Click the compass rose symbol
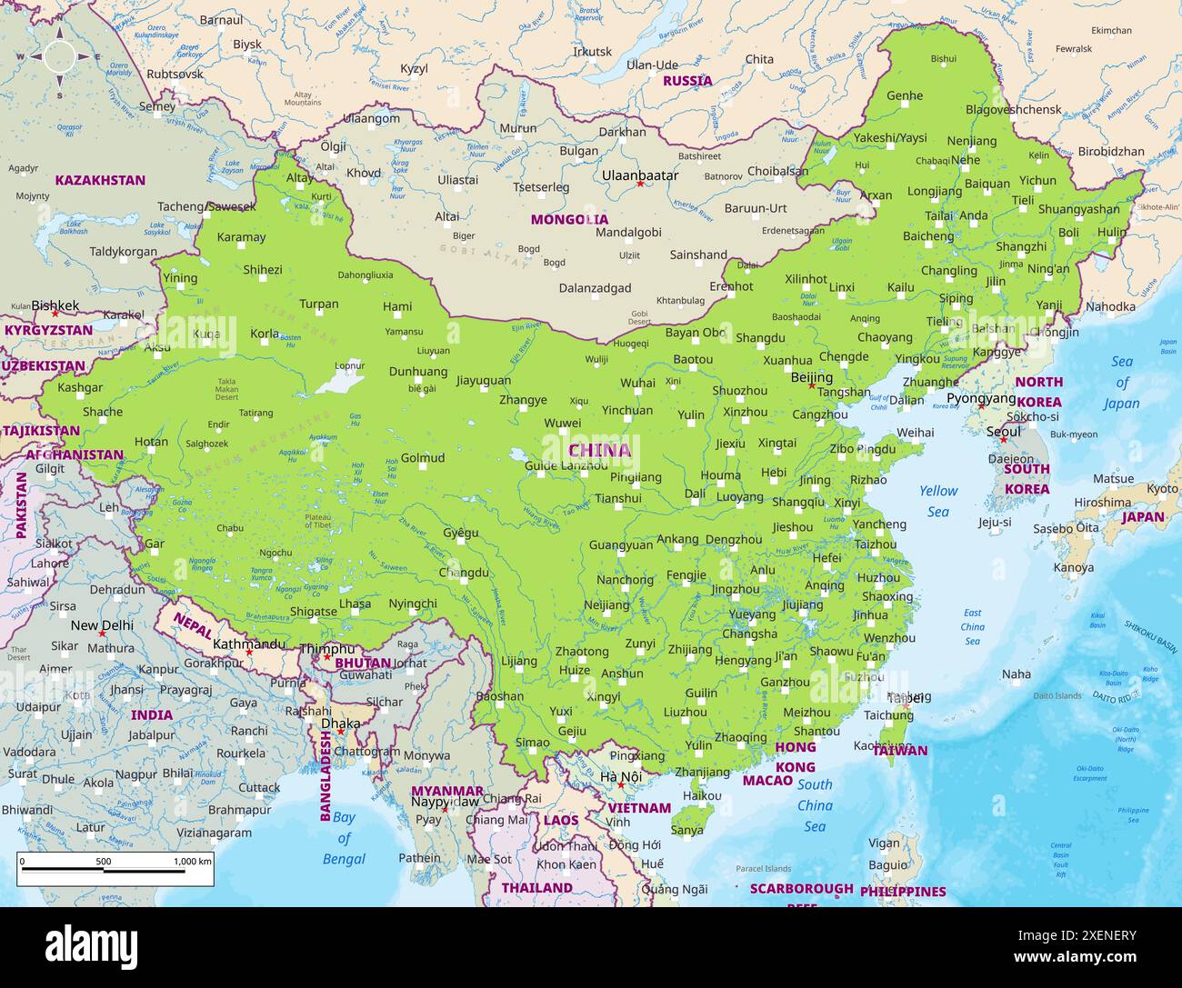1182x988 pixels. point(60,56)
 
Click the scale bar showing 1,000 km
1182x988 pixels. point(115,870)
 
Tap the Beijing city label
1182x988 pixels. point(812,377)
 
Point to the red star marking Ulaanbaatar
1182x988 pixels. point(640,184)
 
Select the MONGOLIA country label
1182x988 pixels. point(569,219)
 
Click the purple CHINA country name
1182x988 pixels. point(599,450)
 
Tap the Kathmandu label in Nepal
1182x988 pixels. point(248,644)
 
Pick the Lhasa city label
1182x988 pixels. point(355,603)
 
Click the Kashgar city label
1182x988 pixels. point(80,387)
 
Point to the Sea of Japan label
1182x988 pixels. point(1121,382)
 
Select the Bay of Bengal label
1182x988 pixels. point(343,837)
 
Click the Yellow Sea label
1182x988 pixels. point(938,501)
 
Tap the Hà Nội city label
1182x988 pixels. point(621,776)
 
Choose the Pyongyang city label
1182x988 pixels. point(981,398)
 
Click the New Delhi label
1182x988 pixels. point(102,625)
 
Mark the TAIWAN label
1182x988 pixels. point(900,750)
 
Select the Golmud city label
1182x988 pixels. point(423,457)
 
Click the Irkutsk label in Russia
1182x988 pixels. point(592,52)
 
